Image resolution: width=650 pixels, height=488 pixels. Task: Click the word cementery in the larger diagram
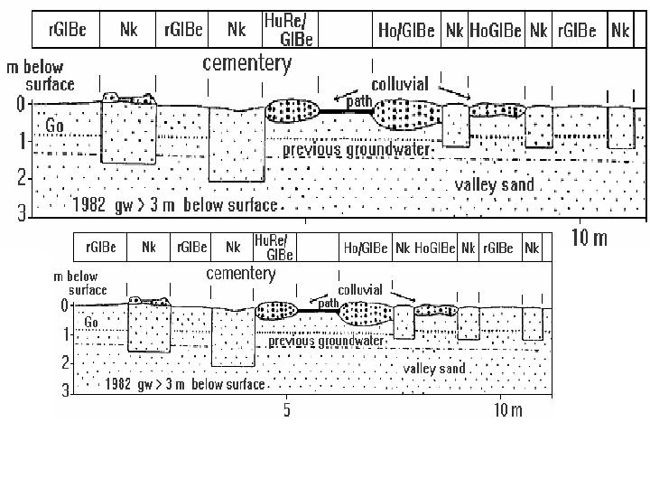point(247,63)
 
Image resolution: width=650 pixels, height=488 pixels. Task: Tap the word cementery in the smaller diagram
point(241,273)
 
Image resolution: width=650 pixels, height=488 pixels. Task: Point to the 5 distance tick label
point(286,411)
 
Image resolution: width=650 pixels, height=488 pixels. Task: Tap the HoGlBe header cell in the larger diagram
point(496,30)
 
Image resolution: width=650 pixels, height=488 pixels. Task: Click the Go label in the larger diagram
point(55,127)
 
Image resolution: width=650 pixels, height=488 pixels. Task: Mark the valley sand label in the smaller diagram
point(434,369)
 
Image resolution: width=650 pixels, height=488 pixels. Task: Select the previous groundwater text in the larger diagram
point(357,149)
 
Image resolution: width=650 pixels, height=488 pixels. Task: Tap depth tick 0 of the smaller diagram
point(64,305)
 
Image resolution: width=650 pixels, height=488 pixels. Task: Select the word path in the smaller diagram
point(328,303)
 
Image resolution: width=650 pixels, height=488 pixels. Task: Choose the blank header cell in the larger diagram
point(345,30)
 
